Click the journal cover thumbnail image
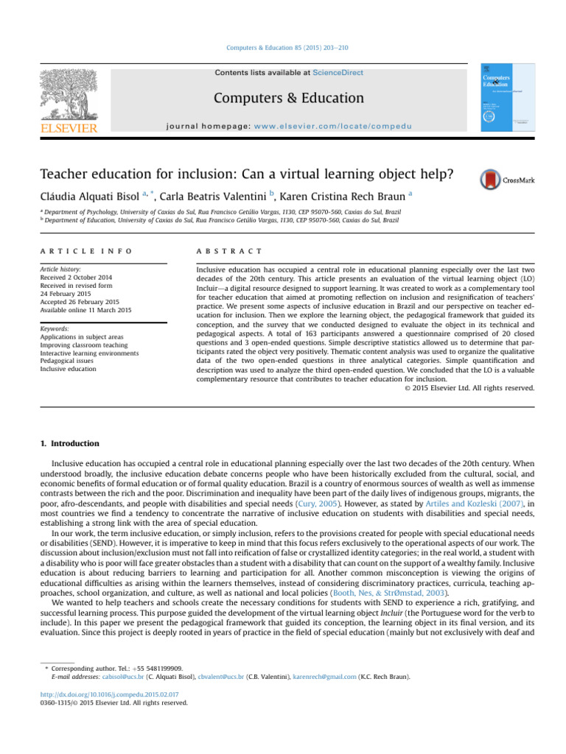[508, 97]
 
